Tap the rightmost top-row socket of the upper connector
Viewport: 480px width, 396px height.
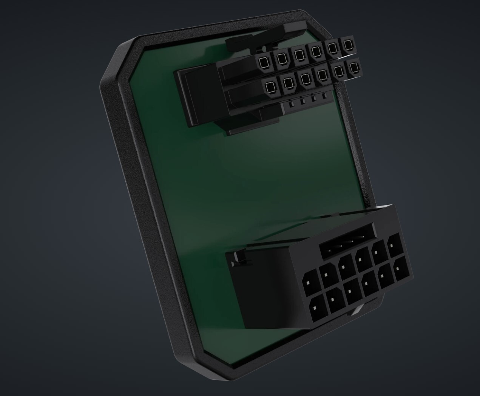click(347, 45)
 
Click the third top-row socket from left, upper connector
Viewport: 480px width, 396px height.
click(299, 54)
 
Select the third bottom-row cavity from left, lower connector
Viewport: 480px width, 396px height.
click(351, 291)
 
